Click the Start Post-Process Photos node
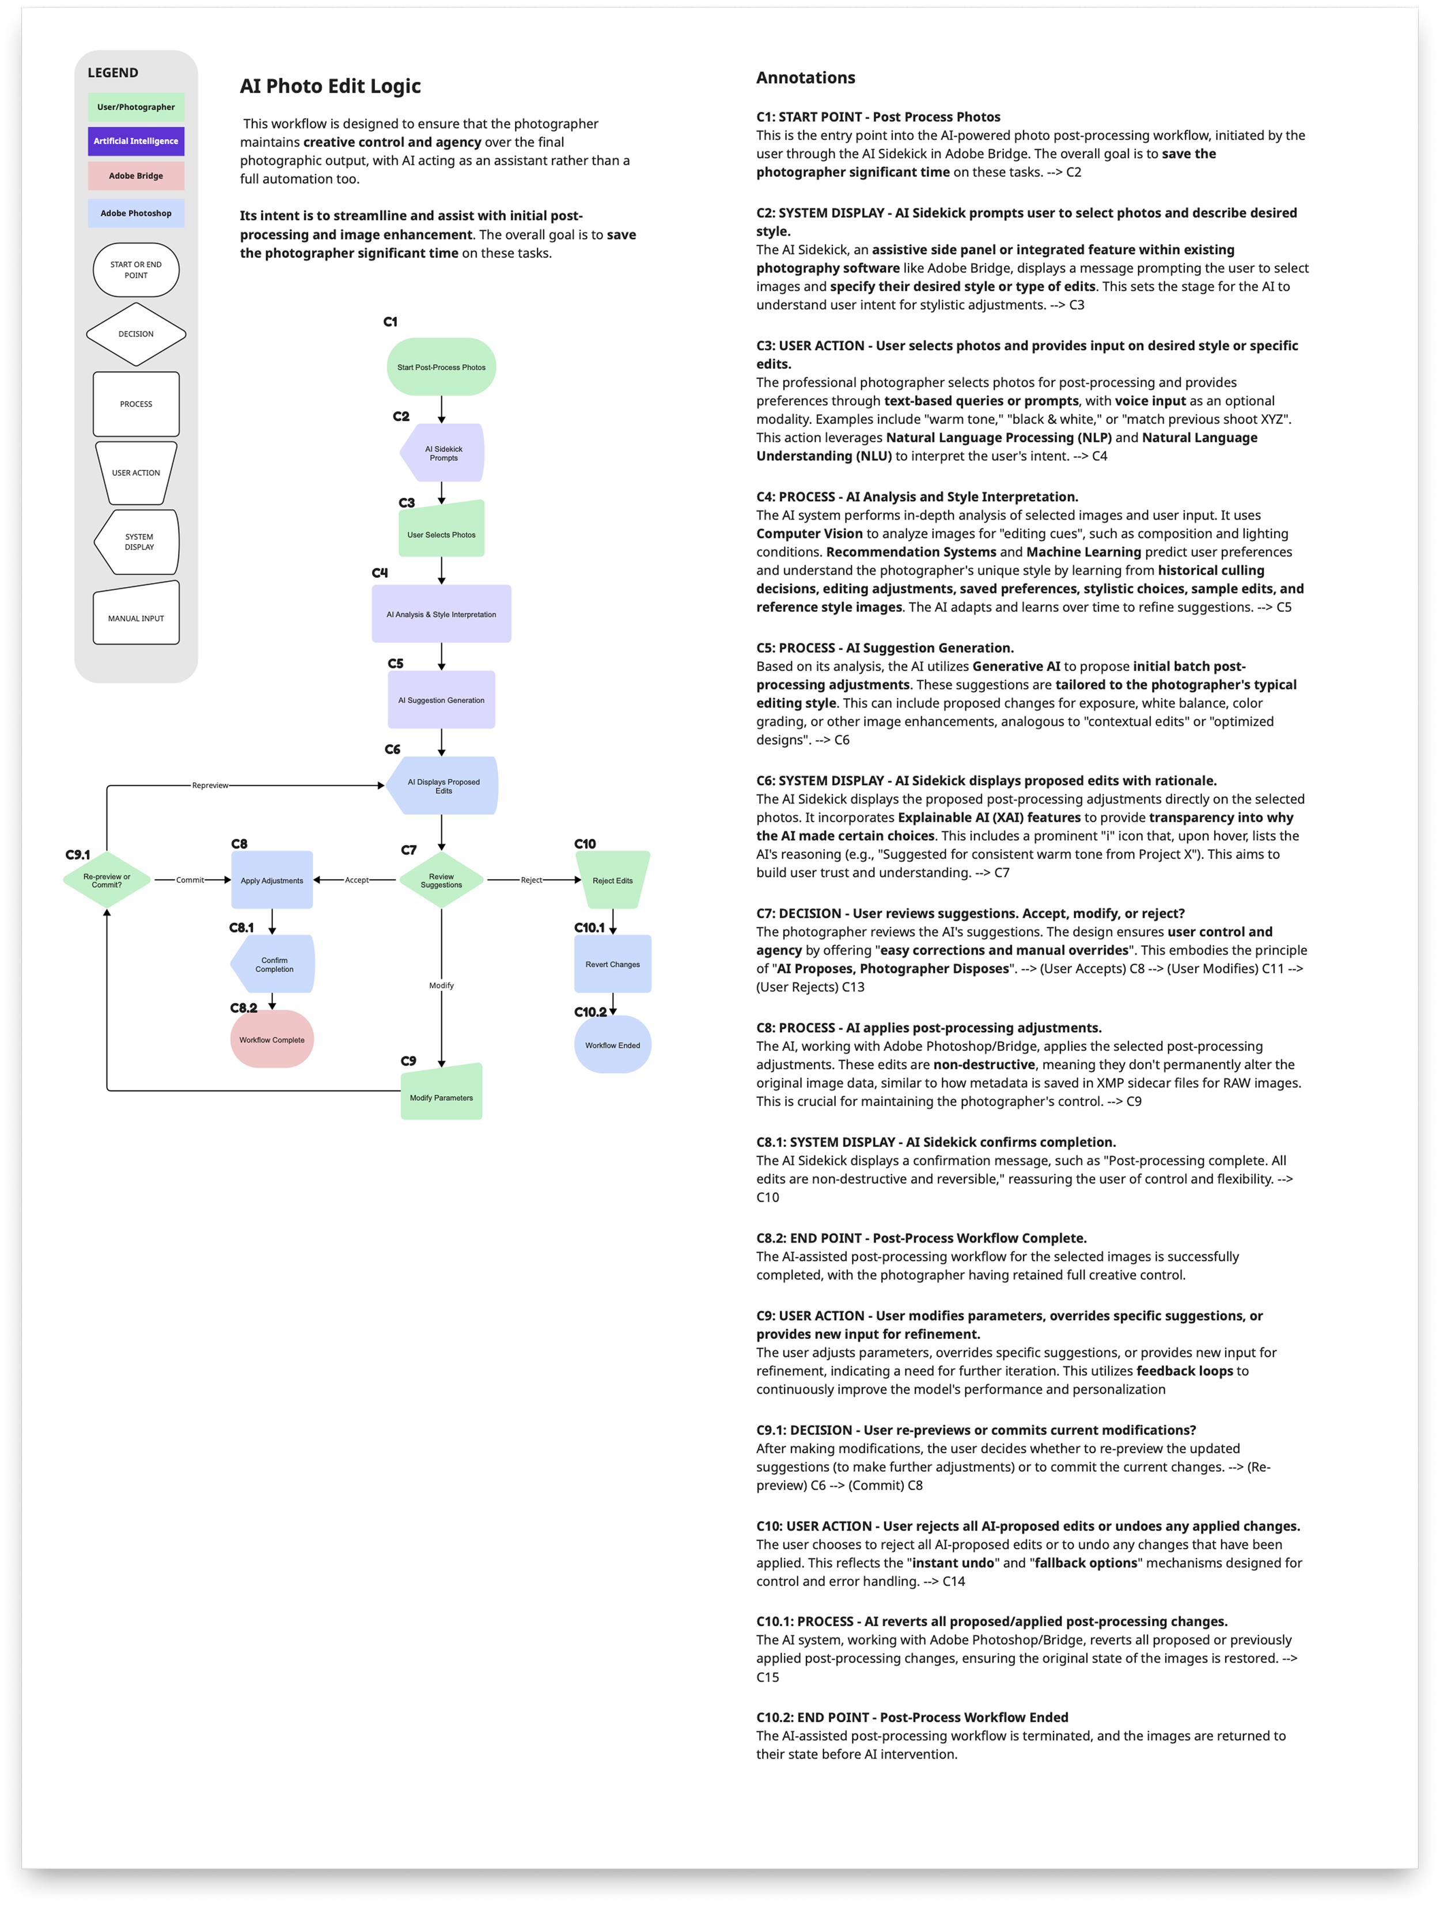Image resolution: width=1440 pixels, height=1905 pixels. coord(441,367)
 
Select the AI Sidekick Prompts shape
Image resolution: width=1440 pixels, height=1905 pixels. coord(443,453)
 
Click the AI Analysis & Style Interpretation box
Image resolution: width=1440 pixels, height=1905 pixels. coord(441,614)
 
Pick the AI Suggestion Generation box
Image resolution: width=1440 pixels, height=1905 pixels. coord(441,700)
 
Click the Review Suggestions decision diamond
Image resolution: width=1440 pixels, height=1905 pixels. coord(441,880)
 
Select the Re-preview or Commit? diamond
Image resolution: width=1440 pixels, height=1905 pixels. coord(107,880)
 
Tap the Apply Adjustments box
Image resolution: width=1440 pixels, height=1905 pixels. coord(271,880)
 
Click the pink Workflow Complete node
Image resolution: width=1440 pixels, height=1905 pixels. coord(271,1039)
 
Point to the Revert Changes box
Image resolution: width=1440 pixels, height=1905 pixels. coord(612,964)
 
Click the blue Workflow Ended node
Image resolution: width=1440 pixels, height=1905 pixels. coord(612,1044)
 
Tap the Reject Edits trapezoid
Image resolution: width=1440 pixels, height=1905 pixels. coord(612,880)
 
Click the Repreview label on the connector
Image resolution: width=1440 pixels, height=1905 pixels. coord(210,785)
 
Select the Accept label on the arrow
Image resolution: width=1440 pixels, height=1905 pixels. coord(357,880)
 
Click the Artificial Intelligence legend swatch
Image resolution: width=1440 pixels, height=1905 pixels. coord(136,141)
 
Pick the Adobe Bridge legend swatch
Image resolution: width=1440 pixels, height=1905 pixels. coord(136,176)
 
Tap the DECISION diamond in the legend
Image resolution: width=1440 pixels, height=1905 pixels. coord(136,334)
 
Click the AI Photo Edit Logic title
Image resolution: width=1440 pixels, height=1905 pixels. coord(330,86)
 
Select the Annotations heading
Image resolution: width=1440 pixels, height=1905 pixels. coord(805,78)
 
